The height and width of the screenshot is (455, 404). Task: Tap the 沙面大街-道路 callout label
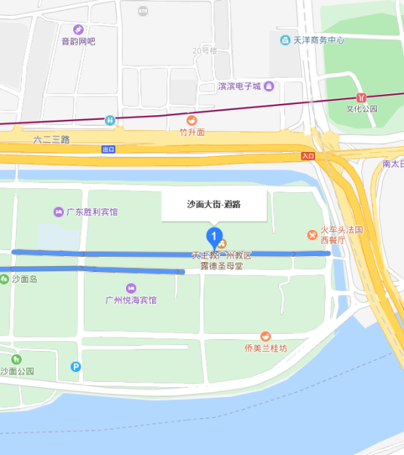pyautogui.click(x=214, y=203)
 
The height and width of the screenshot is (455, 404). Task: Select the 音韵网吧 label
pyautogui.click(x=78, y=41)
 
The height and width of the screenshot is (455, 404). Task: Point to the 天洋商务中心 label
pyautogui.click(x=318, y=39)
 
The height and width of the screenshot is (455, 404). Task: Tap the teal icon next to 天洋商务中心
pyautogui.click(x=285, y=39)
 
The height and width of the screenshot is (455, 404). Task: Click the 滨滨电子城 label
pyautogui.click(x=239, y=87)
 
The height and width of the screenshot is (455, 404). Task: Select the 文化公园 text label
pyautogui.click(x=361, y=108)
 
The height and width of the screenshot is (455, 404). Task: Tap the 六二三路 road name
pyautogui.click(x=51, y=139)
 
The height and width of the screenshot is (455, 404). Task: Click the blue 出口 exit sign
pyautogui.click(x=109, y=149)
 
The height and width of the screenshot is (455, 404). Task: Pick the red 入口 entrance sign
pyautogui.click(x=307, y=155)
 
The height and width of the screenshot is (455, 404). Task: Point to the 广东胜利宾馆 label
pyautogui.click(x=92, y=212)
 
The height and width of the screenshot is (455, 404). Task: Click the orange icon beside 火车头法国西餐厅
pyautogui.click(x=312, y=235)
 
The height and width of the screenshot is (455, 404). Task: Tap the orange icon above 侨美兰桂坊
pyautogui.click(x=265, y=336)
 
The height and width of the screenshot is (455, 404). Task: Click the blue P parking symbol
pyautogui.click(x=75, y=367)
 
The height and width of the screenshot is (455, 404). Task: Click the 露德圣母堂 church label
pyautogui.click(x=220, y=266)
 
